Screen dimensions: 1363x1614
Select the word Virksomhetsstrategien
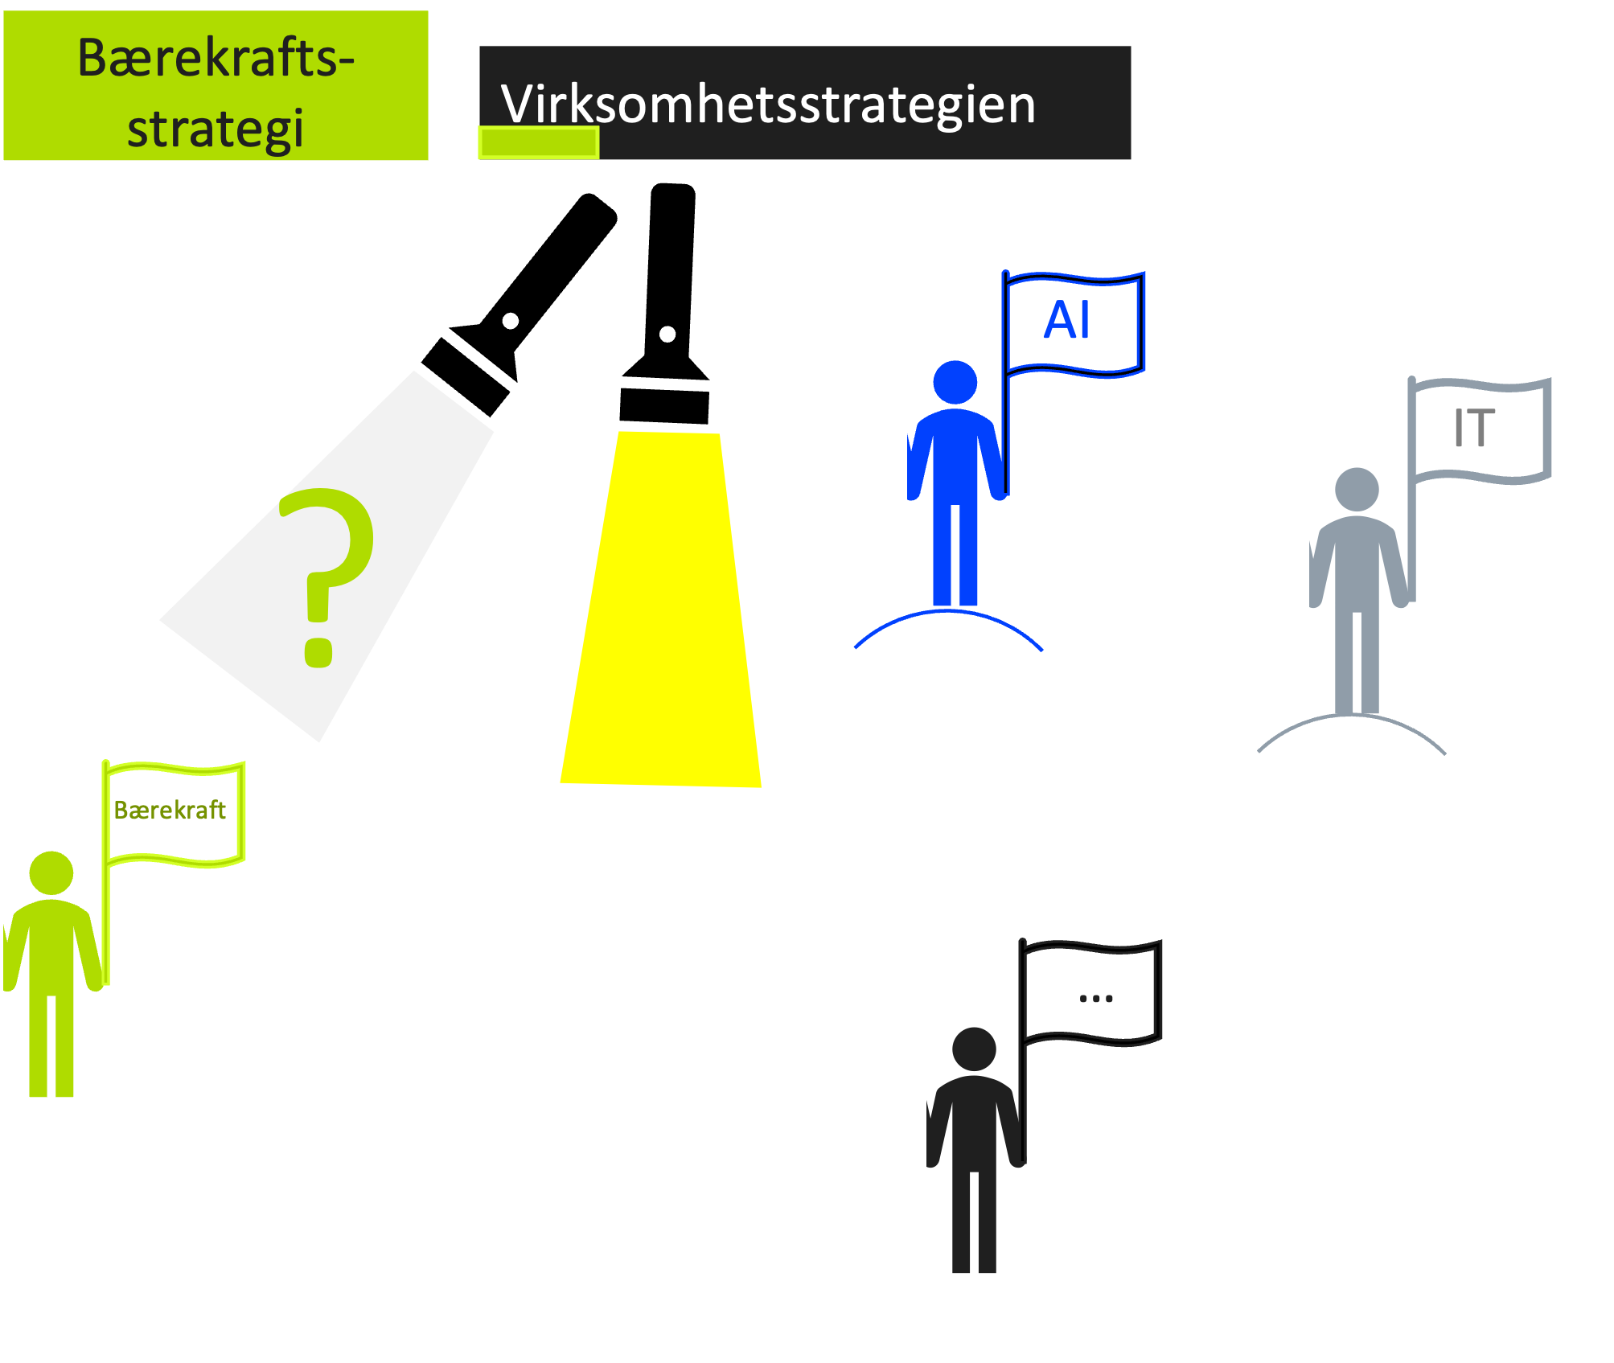pos(768,105)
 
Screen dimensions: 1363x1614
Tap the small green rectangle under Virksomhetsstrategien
pos(538,143)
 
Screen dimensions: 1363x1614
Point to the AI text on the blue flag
pos(1066,320)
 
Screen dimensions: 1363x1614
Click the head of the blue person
pos(955,382)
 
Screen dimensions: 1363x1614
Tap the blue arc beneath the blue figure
pos(948,613)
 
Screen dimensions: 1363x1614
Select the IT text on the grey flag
pos(1474,427)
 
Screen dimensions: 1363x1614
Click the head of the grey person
pos(1357,489)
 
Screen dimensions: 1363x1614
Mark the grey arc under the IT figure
pos(1351,718)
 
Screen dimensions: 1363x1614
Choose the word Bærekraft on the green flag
pos(170,810)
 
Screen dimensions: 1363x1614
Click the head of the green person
pos(51,872)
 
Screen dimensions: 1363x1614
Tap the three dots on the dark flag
pos(1096,999)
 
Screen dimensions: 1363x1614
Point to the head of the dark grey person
pos(974,1049)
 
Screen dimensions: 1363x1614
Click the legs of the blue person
pos(955,555)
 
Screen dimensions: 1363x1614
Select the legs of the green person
pos(51,1045)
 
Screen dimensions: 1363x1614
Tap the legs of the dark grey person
pos(974,1222)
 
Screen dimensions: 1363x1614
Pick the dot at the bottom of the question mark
pos(318,652)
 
